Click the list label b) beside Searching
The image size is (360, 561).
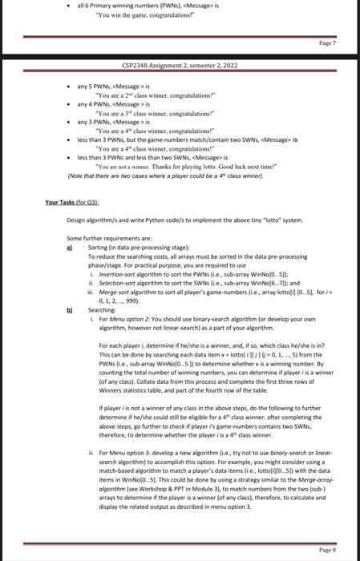(x=71, y=309)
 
